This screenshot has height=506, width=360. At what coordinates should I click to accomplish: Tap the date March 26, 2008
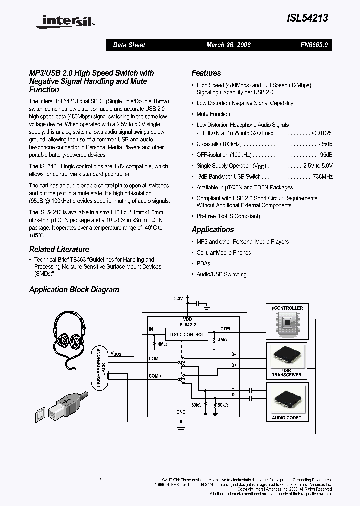[228, 45]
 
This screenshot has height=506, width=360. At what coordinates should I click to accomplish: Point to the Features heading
[206, 73]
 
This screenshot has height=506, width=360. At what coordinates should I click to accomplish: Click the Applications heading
[212, 230]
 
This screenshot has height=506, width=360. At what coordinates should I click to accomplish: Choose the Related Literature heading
[59, 249]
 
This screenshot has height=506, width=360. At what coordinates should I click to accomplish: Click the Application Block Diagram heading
[74, 290]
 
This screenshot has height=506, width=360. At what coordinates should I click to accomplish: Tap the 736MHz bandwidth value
[322, 177]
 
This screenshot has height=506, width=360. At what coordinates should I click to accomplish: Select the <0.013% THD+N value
[322, 134]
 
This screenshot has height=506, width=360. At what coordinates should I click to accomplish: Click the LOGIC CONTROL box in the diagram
[187, 334]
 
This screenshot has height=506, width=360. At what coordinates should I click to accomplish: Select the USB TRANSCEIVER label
[286, 372]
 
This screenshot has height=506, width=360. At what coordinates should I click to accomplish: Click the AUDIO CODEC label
[286, 417]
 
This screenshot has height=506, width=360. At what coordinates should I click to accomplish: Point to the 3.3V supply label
[179, 299]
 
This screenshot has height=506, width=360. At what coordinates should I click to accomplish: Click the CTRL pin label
[226, 329]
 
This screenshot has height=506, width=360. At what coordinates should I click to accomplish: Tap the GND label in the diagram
[181, 412]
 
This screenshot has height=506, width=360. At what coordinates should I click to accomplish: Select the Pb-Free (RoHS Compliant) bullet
[228, 216]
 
